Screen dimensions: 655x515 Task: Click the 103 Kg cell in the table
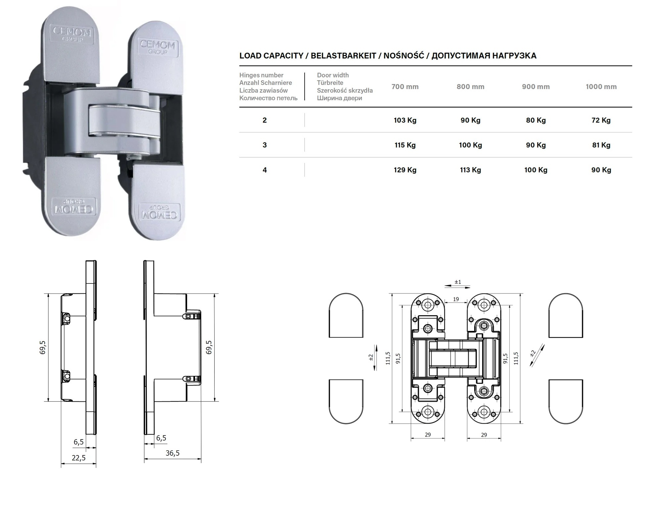(405, 120)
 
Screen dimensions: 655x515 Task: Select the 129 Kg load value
(405, 170)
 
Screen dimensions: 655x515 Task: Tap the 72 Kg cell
(601, 120)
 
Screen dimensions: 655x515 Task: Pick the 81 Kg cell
(601, 145)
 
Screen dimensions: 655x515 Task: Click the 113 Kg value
(470, 170)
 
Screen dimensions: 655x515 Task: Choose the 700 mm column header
(405, 87)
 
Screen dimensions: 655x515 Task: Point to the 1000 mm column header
(601, 87)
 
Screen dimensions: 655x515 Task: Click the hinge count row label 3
(265, 145)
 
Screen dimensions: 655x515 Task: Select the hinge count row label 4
(265, 170)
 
